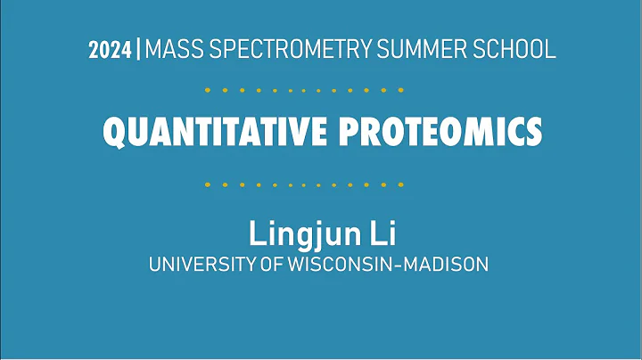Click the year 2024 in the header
(x=110, y=50)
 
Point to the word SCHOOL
(x=514, y=50)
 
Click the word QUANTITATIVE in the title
(x=216, y=133)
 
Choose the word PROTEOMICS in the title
(x=440, y=133)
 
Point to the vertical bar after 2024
(x=138, y=50)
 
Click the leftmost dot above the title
(x=207, y=90)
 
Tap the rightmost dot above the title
(x=401, y=90)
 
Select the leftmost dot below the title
(x=207, y=184)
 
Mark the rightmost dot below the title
(x=401, y=184)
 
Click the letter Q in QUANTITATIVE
(x=115, y=133)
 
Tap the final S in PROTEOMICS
(x=532, y=133)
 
